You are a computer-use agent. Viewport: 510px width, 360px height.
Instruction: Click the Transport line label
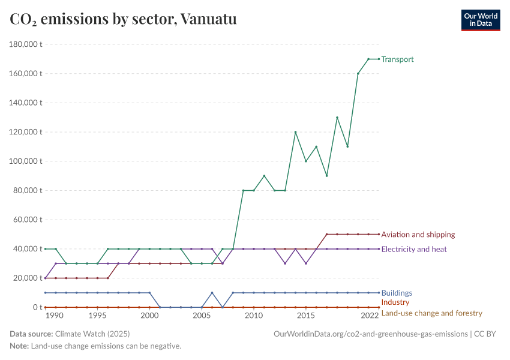[397, 59]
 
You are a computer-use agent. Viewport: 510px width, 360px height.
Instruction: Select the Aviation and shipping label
[418, 235]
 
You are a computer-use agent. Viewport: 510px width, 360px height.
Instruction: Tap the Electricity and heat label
[413, 249]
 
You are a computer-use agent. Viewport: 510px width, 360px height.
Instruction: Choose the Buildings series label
[397, 293]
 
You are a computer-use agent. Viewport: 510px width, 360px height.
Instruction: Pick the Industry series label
[395, 302]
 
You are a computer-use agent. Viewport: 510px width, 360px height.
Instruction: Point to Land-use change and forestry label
[431, 313]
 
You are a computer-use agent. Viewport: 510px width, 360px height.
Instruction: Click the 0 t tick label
[37, 307]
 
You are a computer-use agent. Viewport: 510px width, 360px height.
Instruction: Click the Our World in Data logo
[480, 20]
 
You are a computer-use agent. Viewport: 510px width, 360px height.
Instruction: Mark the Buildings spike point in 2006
[212, 293]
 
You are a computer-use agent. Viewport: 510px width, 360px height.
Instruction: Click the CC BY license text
[487, 334]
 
